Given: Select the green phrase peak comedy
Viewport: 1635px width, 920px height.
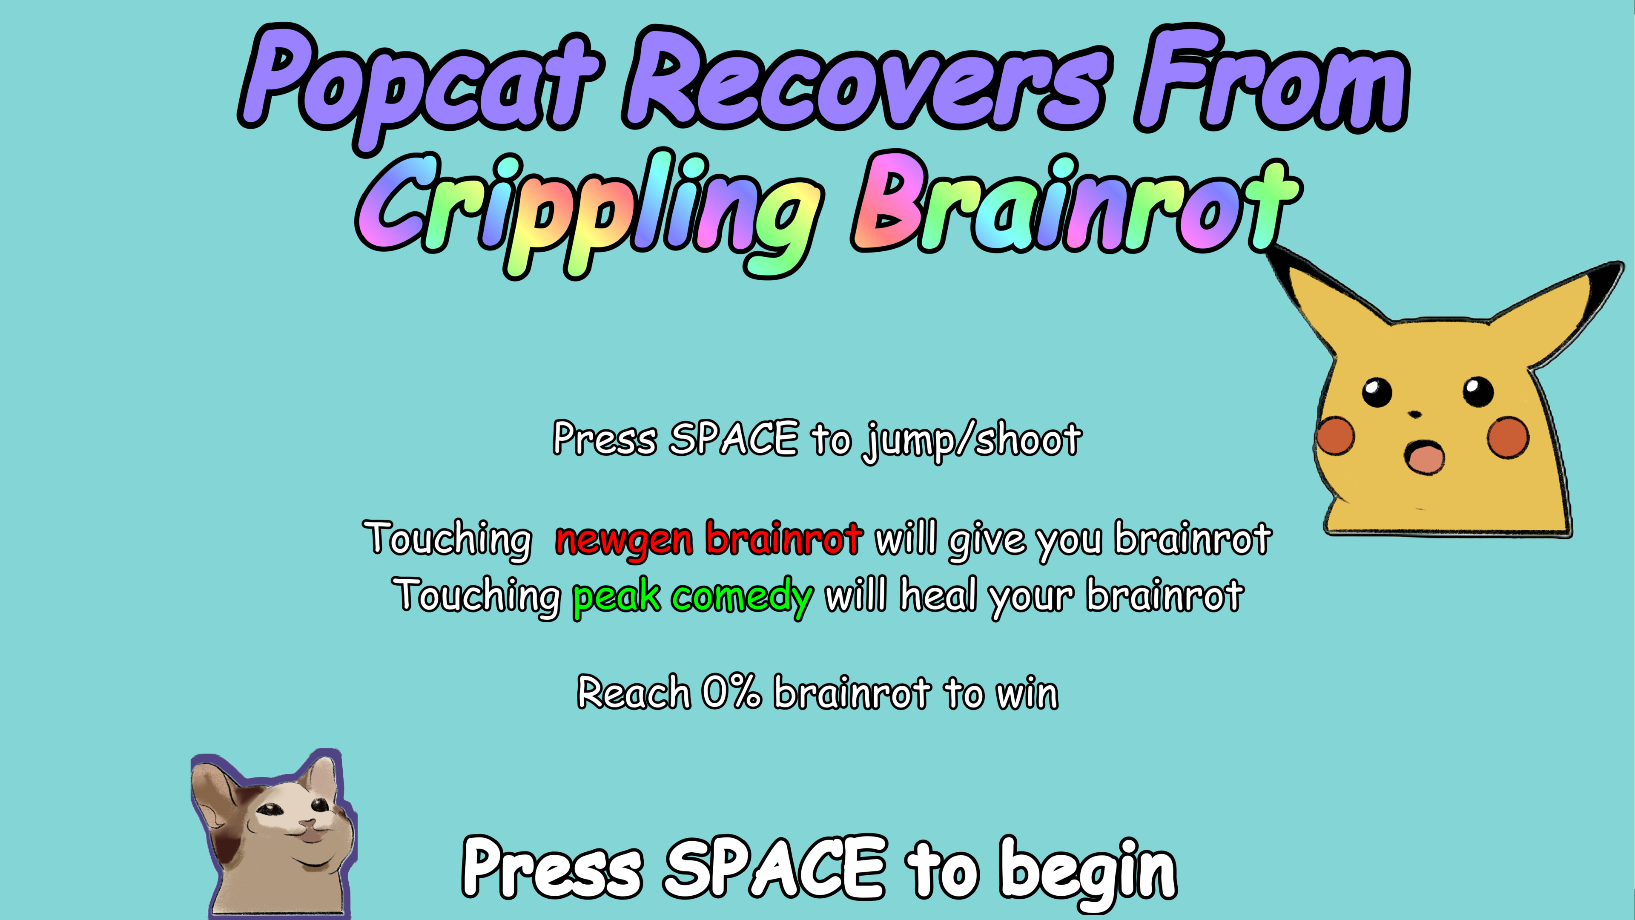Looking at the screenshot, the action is click(692, 597).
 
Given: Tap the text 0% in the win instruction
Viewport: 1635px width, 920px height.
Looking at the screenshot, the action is click(731, 692).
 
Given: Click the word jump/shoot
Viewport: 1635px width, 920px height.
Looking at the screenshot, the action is click(972, 440).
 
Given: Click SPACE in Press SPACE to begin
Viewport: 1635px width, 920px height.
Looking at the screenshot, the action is click(774, 867).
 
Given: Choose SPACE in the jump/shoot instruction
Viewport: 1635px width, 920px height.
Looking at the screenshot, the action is click(733, 438).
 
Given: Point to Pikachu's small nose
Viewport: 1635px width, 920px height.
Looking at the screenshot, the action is click(1415, 414).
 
